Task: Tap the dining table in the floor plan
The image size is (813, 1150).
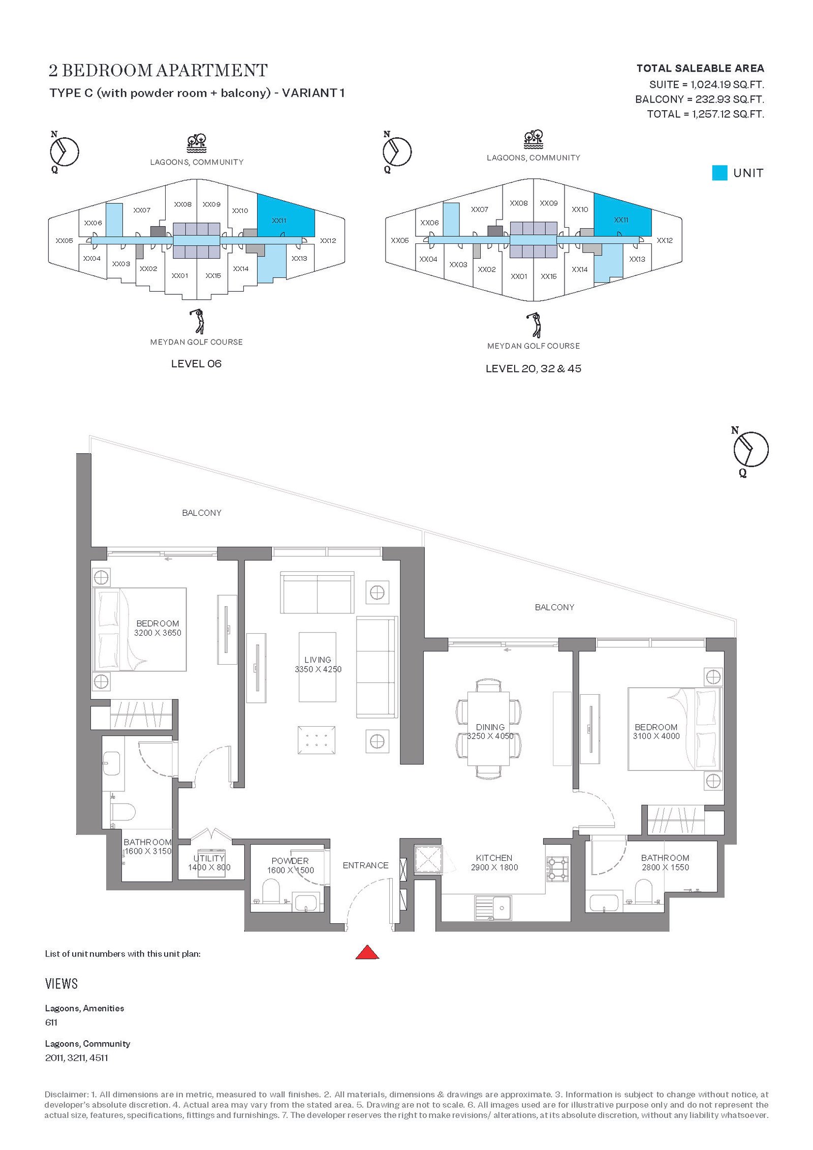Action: click(x=488, y=728)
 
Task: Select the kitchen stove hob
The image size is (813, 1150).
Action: click(x=558, y=869)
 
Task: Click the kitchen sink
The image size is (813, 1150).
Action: click(x=493, y=908)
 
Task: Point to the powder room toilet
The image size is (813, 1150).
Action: click(x=271, y=891)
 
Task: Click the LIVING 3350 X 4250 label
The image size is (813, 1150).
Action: click(x=318, y=665)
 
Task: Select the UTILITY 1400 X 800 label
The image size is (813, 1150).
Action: click(x=209, y=863)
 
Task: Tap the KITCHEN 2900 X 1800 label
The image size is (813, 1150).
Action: click(x=494, y=862)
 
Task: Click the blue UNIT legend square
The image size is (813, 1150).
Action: click(x=720, y=173)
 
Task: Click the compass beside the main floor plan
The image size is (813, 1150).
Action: click(x=750, y=449)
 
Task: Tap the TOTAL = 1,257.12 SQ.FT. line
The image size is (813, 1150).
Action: click(x=705, y=114)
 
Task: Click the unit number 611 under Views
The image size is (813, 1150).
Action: click(x=51, y=1022)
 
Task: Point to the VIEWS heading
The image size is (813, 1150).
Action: click(x=61, y=984)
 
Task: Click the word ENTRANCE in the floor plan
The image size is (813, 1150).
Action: click(x=365, y=865)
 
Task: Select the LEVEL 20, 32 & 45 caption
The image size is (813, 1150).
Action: click(x=533, y=368)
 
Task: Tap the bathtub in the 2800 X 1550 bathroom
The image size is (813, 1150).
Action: click(x=604, y=903)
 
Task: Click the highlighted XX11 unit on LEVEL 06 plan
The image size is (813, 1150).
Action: click(x=285, y=216)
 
